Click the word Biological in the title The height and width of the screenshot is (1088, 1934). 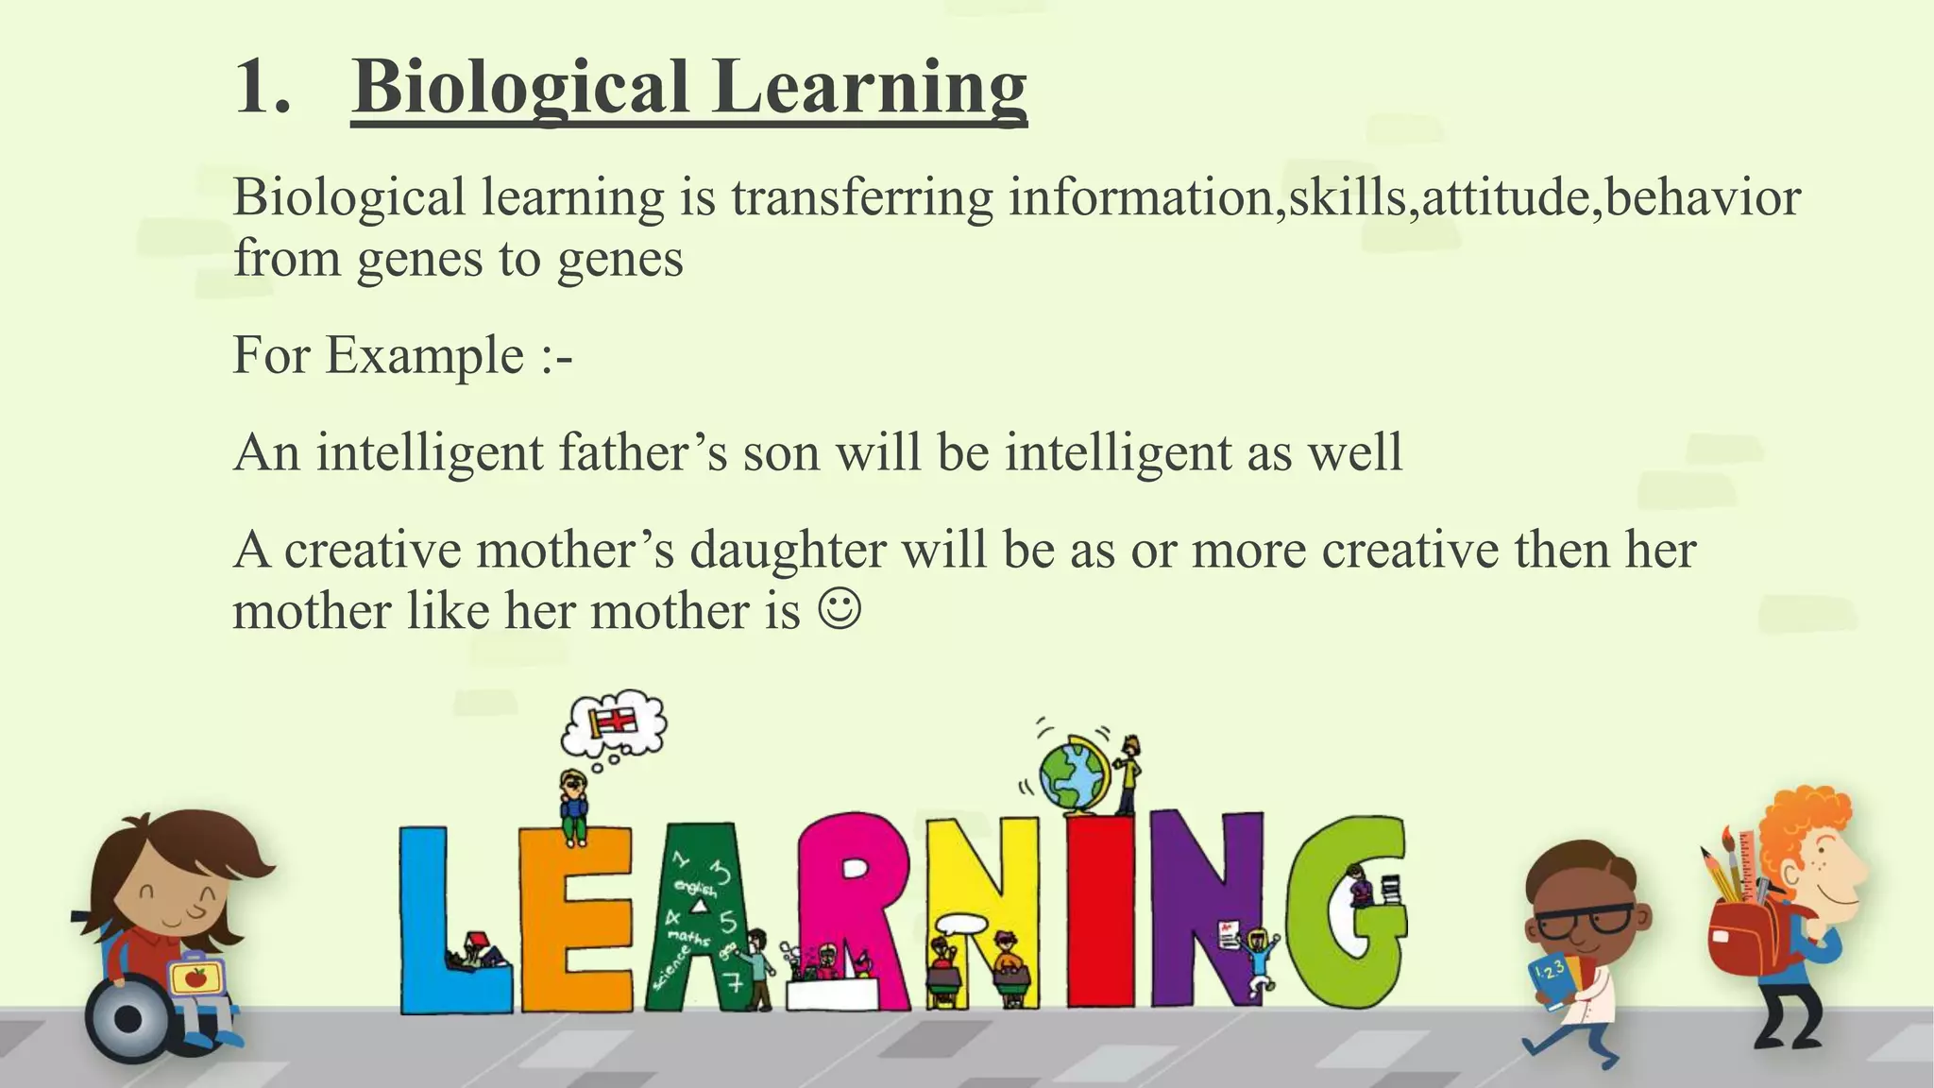(520, 88)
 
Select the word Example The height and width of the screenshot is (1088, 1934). (425, 356)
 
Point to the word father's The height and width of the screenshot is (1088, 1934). (643, 452)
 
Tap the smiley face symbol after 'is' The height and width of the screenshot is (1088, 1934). (840, 609)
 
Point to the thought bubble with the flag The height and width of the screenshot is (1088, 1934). (615, 723)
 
